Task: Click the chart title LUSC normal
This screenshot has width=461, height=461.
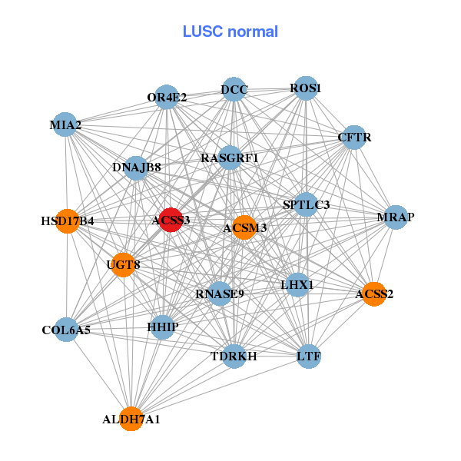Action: [x=230, y=32]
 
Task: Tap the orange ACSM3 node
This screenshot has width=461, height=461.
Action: [x=244, y=227]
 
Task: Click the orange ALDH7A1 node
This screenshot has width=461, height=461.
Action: [x=131, y=419]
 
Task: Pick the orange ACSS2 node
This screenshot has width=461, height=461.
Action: [x=373, y=294]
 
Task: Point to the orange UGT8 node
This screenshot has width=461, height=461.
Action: [x=123, y=265]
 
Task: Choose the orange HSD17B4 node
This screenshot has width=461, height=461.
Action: [x=68, y=221]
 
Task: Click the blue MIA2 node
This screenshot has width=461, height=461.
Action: [x=66, y=124]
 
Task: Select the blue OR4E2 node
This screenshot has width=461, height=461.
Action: [x=167, y=98]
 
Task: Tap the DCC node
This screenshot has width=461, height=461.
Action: [x=234, y=90]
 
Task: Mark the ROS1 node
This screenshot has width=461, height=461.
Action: [x=306, y=88]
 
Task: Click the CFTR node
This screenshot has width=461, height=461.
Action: [x=354, y=138]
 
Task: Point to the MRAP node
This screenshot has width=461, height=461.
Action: [x=396, y=217]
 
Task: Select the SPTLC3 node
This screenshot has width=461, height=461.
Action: [x=306, y=204]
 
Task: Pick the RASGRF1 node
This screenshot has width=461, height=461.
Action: [x=230, y=158]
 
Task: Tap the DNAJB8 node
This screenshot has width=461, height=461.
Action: [x=136, y=167]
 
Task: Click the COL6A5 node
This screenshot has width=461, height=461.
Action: [x=66, y=330]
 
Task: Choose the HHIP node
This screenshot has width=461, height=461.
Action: [x=163, y=327]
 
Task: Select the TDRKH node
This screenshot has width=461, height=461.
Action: [x=234, y=356]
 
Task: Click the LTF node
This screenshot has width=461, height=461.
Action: [x=308, y=357]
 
